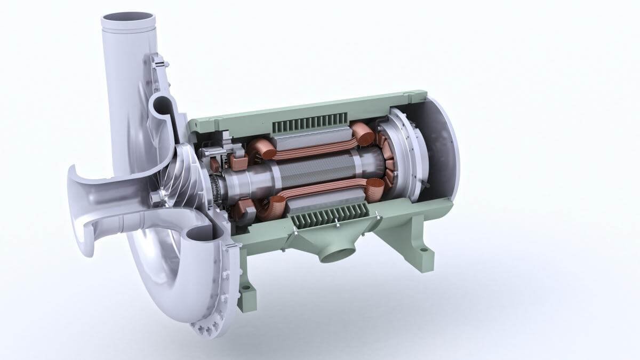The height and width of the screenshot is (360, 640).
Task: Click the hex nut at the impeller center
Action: (156, 198)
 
